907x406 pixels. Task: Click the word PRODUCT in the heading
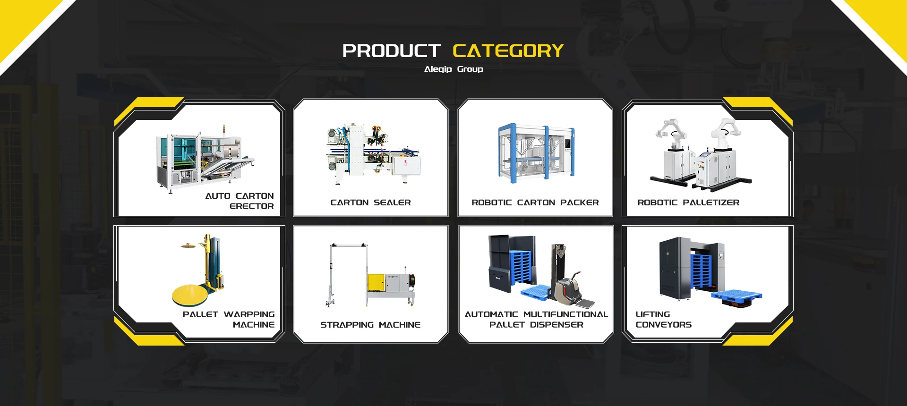coord(392,51)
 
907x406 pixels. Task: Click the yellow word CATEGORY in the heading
coord(508,51)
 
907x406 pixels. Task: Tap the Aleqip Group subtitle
coord(453,69)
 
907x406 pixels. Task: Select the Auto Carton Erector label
coord(240,201)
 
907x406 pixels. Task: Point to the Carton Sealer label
coord(371,203)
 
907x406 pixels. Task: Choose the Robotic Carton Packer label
coord(535,203)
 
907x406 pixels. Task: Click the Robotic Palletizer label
coord(688,203)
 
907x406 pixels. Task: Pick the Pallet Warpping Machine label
coord(229,320)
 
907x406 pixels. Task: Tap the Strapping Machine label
coord(370,325)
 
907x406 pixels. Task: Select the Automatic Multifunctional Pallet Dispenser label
coord(536,320)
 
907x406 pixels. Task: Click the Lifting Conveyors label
coord(663,320)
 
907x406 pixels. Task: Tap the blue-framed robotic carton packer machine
coord(537,152)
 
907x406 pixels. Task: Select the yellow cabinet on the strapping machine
coord(376,282)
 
